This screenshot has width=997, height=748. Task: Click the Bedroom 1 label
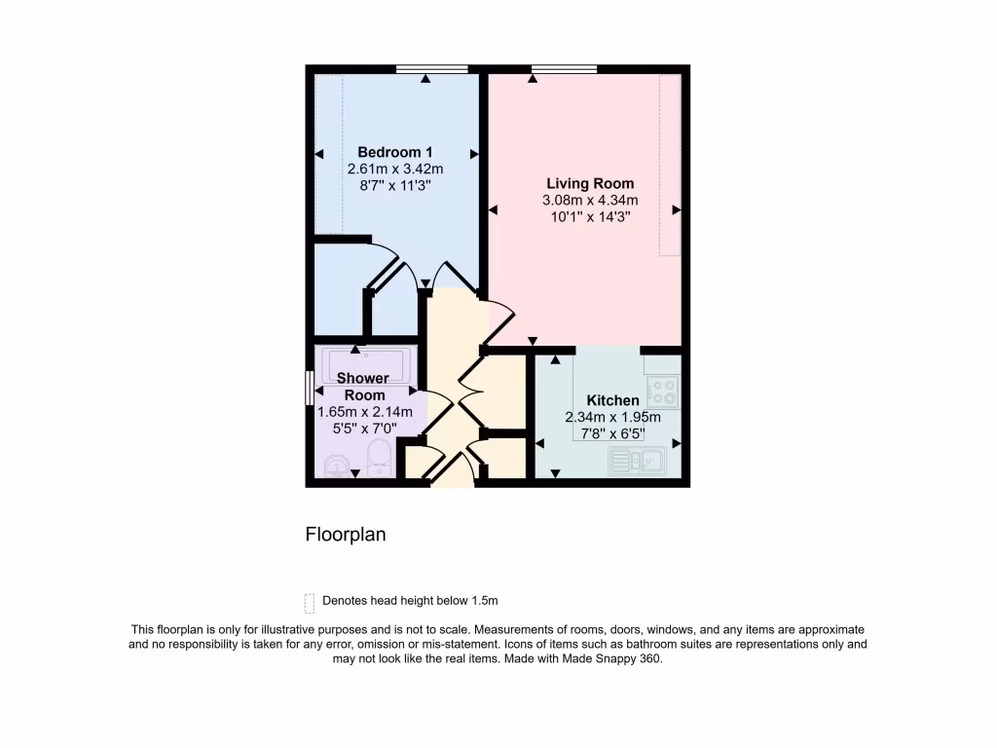[x=394, y=152]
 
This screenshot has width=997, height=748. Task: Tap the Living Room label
[x=590, y=183]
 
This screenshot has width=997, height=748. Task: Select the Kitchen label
[x=612, y=400]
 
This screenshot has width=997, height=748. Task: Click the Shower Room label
[x=363, y=387]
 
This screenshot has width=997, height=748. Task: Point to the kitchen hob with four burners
[x=662, y=393]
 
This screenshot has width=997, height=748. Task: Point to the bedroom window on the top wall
[x=431, y=68]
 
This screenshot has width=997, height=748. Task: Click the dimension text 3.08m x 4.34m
[x=590, y=201]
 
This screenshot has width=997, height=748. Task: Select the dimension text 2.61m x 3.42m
[x=394, y=168]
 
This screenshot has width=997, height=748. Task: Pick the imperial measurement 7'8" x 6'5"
[x=612, y=433]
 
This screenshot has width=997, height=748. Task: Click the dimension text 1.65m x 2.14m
[x=365, y=412]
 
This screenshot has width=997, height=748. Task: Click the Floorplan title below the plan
[x=346, y=535]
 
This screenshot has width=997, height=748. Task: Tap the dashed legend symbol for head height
[x=310, y=602]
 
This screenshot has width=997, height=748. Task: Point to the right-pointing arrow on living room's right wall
[x=676, y=209]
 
